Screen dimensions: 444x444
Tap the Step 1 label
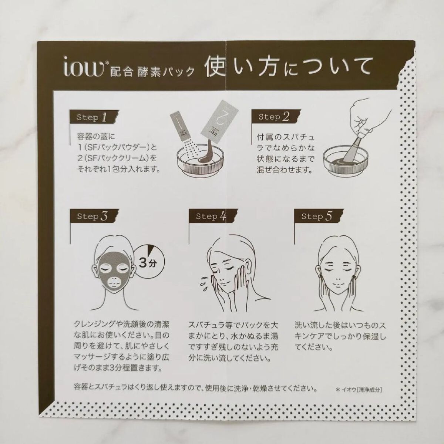coord(92,118)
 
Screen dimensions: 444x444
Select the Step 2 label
coord(274,117)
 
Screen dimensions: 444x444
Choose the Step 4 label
coord(211,216)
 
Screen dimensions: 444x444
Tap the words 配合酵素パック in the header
coord(152,72)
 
